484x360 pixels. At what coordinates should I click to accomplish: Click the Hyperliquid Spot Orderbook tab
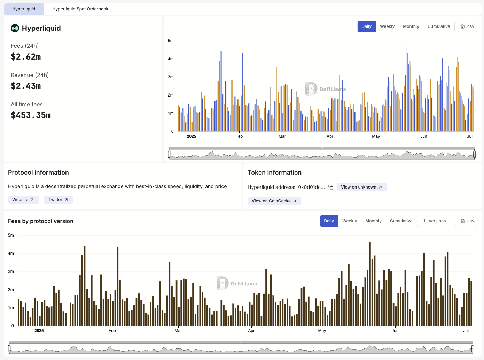tap(80, 9)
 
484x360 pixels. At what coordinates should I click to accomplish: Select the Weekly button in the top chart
tap(387, 26)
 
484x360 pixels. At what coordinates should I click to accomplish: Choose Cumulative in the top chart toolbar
tap(438, 26)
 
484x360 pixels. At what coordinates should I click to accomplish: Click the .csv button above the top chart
tap(467, 26)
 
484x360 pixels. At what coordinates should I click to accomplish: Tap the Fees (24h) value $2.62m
tap(26, 57)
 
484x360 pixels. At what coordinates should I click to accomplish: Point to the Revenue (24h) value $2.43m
tap(26, 86)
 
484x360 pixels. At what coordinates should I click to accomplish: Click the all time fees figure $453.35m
tap(31, 115)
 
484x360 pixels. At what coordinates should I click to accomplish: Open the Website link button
tap(23, 200)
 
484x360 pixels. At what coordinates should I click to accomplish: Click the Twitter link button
tap(58, 200)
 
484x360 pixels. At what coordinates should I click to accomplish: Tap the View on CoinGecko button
tap(274, 201)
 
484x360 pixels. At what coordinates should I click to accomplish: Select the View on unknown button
tap(361, 187)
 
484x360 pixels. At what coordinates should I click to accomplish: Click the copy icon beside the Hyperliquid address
tap(331, 187)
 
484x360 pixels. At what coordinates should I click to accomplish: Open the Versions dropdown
tap(437, 221)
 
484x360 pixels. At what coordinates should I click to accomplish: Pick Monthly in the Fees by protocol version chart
tap(373, 221)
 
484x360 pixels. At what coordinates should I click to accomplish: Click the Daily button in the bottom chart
tap(329, 221)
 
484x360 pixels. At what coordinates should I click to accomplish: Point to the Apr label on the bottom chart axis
tap(251, 331)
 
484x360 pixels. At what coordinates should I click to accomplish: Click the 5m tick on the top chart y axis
tap(171, 41)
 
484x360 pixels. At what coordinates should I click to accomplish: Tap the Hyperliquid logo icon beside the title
tap(15, 28)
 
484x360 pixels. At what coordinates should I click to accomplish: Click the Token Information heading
tap(274, 173)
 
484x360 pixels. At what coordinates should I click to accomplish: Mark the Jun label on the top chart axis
tap(423, 136)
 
